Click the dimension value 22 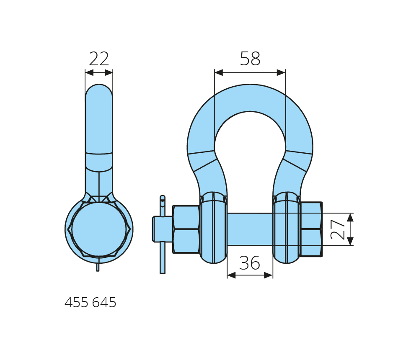pyautogui.click(x=99, y=59)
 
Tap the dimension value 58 pyautogui.click(x=250, y=59)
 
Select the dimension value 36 pyautogui.click(x=250, y=263)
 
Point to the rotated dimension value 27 pyautogui.click(x=338, y=229)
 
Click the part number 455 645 pyautogui.click(x=90, y=302)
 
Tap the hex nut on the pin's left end pyautogui.click(x=186, y=229)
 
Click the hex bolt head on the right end pyautogui.click(x=311, y=229)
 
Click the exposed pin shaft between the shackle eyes pyautogui.click(x=250, y=229)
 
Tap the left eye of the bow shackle pyautogui.click(x=213, y=228)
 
